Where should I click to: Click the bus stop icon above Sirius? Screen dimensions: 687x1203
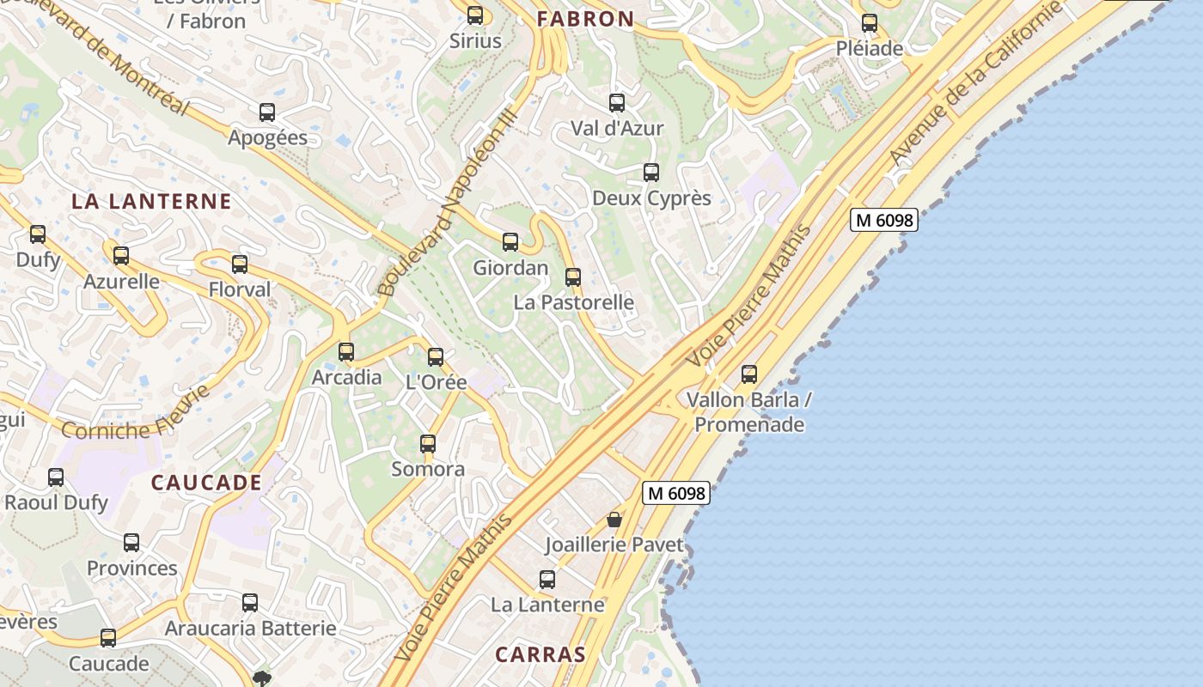point(474,15)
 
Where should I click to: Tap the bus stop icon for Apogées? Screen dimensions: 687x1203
point(267,112)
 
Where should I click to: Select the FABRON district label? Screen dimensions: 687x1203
point(586,19)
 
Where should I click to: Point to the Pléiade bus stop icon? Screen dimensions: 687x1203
point(870,23)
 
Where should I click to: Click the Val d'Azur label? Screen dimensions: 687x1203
point(617,129)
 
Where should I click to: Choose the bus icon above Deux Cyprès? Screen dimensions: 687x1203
point(651,173)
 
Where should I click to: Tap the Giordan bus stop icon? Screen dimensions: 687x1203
point(510,242)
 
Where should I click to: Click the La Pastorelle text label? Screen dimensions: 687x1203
point(573,302)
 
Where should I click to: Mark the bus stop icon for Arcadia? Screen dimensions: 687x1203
point(346,352)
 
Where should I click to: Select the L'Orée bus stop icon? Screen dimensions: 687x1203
point(436,357)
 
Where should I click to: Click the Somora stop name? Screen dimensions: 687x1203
point(428,469)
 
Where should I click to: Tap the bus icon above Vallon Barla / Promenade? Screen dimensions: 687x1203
point(749,374)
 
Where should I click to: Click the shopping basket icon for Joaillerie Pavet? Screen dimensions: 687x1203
point(614,520)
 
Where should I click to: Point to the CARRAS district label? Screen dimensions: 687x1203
point(540,654)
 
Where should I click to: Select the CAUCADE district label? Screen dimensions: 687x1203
point(206,483)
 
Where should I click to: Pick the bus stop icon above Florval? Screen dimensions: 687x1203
point(240,264)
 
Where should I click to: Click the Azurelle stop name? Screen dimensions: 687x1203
point(121,282)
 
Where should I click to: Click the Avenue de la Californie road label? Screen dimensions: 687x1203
point(976,84)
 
